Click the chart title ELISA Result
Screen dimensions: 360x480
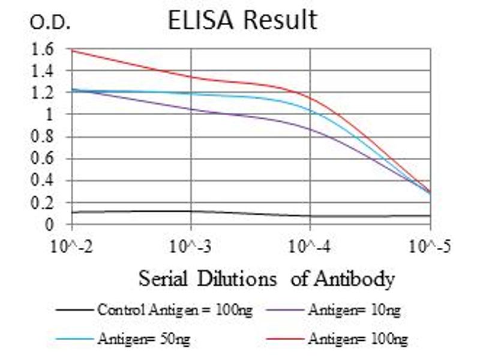click(242, 20)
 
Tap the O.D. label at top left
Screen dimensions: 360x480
click(50, 23)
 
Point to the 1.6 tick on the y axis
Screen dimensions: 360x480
click(45, 49)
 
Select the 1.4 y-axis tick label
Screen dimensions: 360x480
click(45, 71)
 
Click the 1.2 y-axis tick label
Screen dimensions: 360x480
click(45, 93)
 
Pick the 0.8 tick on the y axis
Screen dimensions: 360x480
click(45, 137)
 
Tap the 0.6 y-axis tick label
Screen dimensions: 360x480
click(45, 159)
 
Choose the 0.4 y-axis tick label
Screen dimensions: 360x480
click(45, 181)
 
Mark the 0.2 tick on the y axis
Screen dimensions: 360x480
click(45, 203)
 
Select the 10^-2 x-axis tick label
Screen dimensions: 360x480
click(72, 246)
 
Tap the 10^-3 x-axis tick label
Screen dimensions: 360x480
click(191, 246)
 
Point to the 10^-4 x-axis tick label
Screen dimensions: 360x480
click(311, 246)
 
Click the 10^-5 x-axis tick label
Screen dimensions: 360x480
click(430, 246)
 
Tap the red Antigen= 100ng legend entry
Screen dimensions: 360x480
click(358, 339)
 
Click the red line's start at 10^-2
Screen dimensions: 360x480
click(72, 50)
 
